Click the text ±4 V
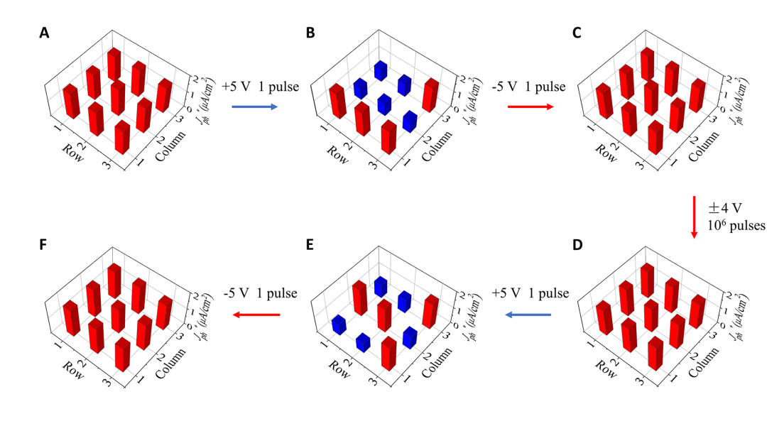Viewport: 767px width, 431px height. click(724, 209)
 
